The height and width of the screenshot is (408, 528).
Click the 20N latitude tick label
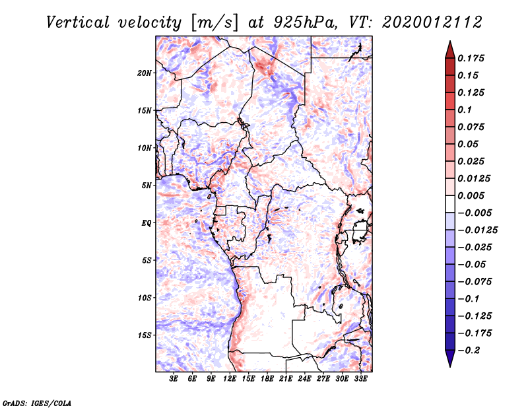pos(145,73)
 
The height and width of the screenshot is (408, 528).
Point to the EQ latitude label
pos(146,223)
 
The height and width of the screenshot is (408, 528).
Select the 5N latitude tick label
pos(147,186)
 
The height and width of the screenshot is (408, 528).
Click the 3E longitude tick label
pos(174,379)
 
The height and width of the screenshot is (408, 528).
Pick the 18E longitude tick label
pos(267,379)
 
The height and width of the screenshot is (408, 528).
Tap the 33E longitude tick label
pos(360,379)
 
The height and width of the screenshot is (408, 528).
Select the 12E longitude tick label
pos(230,379)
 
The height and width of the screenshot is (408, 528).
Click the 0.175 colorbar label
pos(471,58)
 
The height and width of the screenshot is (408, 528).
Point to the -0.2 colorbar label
pos(469,351)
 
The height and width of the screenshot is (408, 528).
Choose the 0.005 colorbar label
pos(471,195)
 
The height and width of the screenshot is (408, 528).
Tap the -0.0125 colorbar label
pos(477,230)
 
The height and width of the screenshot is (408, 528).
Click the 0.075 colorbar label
pos(471,127)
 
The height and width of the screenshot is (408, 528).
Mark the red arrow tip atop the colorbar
pos(450,41)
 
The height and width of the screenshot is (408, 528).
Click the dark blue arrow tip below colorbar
pos(450,366)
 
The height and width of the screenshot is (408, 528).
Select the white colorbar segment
pos(450,204)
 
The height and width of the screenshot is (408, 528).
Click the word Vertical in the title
pos(78,22)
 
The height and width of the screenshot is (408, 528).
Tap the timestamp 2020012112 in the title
pos(432,22)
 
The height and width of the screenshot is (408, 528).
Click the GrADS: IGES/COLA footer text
pos(37,403)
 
